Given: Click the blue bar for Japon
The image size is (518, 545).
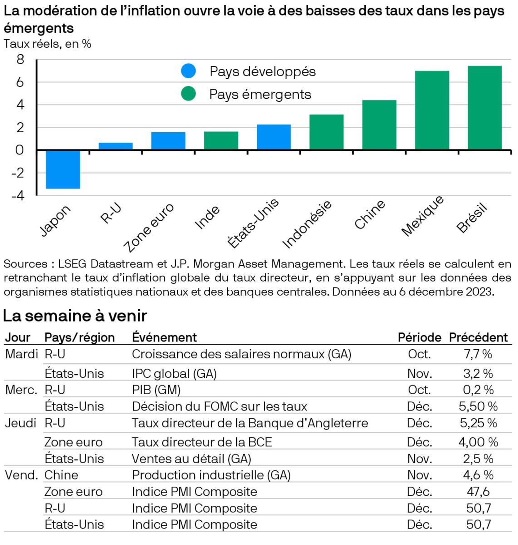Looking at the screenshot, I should (x=63, y=169).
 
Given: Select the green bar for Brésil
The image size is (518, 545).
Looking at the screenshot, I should (x=484, y=108).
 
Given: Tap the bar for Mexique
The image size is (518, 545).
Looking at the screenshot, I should (x=432, y=110).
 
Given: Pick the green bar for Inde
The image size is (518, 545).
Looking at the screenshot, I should (x=221, y=141).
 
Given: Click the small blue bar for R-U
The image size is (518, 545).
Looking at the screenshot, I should (x=116, y=146).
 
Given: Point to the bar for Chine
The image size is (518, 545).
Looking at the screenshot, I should (x=379, y=125).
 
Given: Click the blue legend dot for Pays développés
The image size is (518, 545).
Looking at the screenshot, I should (x=188, y=71).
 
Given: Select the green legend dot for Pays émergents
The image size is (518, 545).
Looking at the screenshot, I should (x=188, y=94).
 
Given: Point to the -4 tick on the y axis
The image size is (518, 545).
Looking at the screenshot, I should (x=18, y=195).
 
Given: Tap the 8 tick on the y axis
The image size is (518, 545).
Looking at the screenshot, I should (x=20, y=59).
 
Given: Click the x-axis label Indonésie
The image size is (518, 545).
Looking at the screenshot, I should (x=307, y=224).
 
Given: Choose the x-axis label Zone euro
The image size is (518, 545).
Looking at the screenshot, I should (x=149, y=227).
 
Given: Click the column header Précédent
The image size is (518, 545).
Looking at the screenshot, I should (x=478, y=337).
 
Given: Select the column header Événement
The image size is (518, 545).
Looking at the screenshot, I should (x=164, y=337).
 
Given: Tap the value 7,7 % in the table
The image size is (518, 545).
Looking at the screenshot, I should (x=478, y=354).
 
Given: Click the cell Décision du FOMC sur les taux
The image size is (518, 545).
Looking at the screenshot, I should (x=219, y=406).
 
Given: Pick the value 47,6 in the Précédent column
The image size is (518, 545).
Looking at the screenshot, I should (x=478, y=492).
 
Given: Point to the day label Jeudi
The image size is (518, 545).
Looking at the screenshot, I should (x=20, y=423).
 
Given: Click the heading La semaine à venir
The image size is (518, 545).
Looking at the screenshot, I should (x=75, y=316).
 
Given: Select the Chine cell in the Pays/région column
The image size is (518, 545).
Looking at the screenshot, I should (x=61, y=475).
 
